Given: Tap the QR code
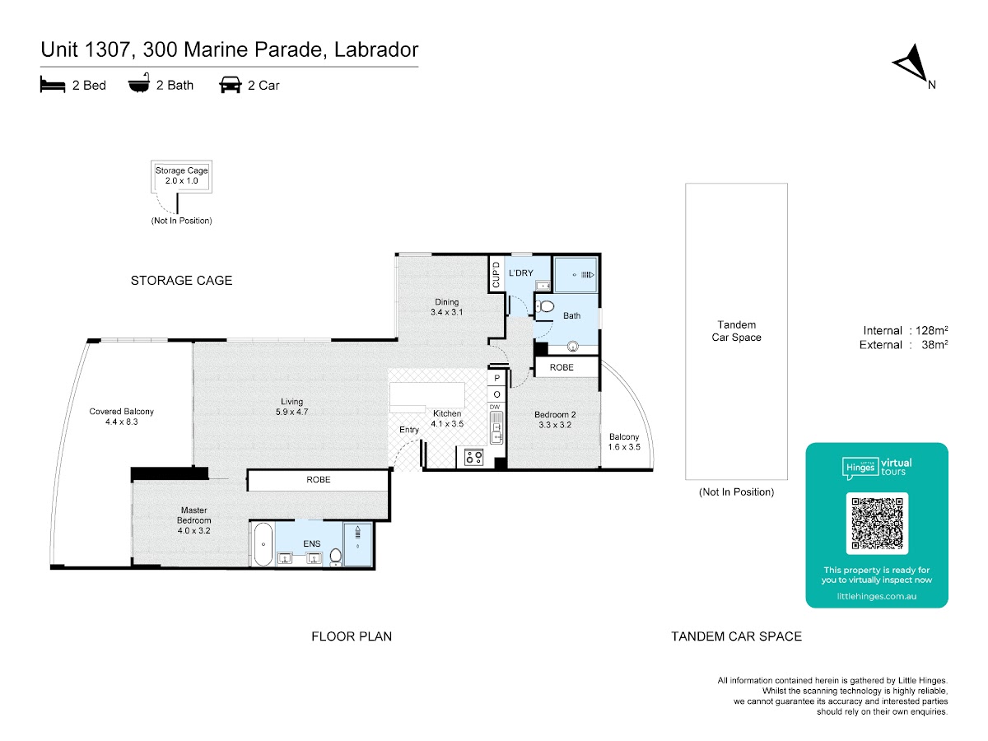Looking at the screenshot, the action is tap(876, 523).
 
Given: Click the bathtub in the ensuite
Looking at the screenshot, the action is tap(263, 544).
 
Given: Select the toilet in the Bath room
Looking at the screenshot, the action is tap(544, 306).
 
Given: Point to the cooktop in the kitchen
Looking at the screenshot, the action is tap(473, 457).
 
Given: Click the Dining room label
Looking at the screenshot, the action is tap(446, 307).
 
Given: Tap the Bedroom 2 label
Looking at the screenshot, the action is tap(555, 419).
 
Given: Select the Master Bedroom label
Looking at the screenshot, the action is tap(193, 520).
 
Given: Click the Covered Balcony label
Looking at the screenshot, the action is tap(122, 416).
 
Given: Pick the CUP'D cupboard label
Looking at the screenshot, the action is tap(496, 274).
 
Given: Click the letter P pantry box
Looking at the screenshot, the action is tap(496, 378).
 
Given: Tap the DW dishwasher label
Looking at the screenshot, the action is tap(495, 407).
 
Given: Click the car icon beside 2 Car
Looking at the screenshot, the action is tap(230, 85).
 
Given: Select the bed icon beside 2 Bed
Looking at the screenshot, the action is tap(52, 84).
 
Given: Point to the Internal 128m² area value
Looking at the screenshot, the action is tap(931, 330).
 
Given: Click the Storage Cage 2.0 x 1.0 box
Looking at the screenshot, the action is tap(181, 176).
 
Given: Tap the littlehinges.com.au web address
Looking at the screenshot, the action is tap(876, 596).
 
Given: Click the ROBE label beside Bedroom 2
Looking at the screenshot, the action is tap(562, 367).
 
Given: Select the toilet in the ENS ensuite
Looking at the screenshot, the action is tap(336, 557).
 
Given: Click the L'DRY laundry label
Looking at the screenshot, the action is tap(521, 273).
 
